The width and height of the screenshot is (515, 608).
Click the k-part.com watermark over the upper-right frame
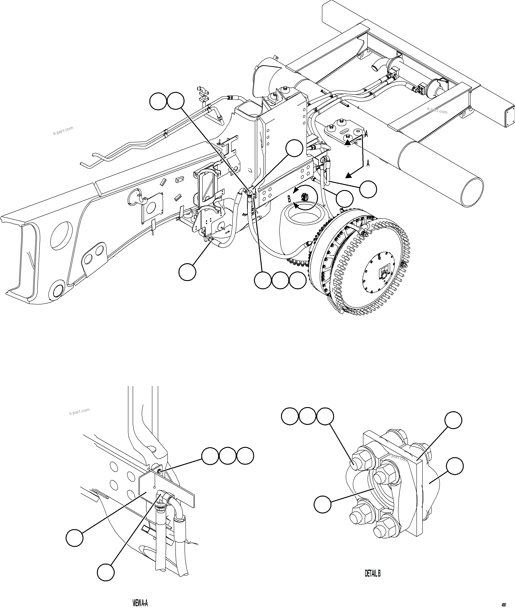click(x=437, y=110)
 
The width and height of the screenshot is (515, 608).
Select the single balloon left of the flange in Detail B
click(x=322, y=504)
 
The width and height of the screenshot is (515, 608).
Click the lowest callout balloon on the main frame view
click(x=187, y=272)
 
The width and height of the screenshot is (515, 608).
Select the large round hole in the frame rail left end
click(x=61, y=235)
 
